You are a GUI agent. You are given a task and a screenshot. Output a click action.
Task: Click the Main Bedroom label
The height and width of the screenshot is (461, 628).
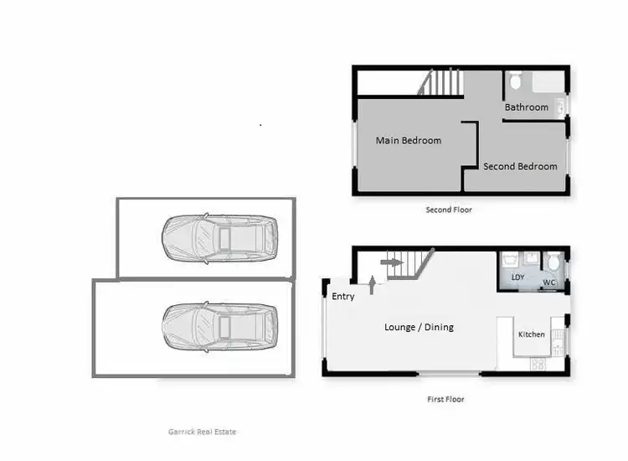tap(408, 140)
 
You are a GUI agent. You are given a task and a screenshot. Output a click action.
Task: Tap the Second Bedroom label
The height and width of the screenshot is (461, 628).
tap(520, 166)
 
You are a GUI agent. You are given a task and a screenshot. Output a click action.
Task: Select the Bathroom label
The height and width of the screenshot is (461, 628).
tap(526, 107)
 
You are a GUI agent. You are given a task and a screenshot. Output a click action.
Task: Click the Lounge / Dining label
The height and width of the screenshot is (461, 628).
tap(419, 327)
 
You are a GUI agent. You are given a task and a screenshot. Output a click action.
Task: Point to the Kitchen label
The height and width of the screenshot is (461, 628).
tap(531, 334)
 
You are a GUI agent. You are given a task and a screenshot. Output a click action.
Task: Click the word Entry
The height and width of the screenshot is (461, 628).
tap(343, 297)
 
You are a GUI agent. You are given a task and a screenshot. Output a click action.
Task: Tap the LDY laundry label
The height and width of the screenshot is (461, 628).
tap(517, 277)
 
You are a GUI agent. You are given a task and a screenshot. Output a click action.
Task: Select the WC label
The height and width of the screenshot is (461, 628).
tap(549, 283)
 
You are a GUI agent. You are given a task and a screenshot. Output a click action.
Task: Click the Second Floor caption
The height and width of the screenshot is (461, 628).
tap(449, 210)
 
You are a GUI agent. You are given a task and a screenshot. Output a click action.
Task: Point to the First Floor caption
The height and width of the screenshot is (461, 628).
tap(445, 400)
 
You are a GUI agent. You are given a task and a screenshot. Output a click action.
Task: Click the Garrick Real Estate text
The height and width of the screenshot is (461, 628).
tap(203, 432)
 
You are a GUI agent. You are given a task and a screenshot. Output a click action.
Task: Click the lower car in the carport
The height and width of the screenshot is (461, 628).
tap(219, 327)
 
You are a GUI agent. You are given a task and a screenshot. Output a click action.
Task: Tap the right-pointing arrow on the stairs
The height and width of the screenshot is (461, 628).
tap(390, 262)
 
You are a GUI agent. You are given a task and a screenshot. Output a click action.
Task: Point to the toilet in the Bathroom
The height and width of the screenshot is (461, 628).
tap(515, 81)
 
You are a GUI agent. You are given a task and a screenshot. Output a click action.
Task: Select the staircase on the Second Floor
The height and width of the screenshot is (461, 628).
tap(440, 83)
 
